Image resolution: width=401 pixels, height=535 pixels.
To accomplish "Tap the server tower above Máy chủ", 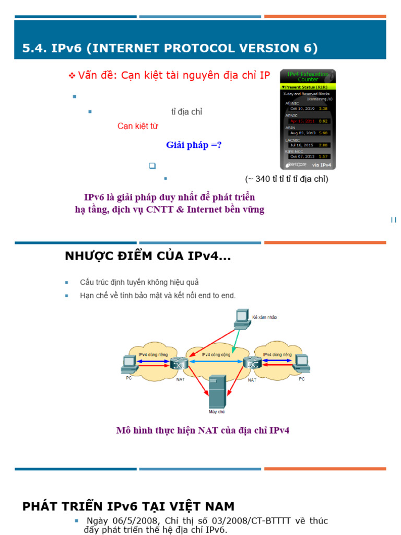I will click(x=216, y=392).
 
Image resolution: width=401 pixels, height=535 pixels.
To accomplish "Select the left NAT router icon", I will click(x=180, y=364).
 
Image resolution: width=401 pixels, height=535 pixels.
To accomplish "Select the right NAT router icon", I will click(x=253, y=363).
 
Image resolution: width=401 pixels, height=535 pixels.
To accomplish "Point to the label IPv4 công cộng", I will click(x=216, y=354).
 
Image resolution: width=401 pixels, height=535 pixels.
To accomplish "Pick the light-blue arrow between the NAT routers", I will click(x=216, y=362).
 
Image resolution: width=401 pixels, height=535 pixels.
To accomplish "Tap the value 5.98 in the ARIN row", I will click(x=323, y=133).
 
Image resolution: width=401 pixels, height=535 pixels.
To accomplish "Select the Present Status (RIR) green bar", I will click(x=308, y=87).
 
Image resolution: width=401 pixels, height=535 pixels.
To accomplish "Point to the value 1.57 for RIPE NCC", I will click(x=323, y=157).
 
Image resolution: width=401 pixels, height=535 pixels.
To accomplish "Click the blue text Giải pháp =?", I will click(x=194, y=145).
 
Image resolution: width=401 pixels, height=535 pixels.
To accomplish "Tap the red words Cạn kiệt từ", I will click(x=137, y=126).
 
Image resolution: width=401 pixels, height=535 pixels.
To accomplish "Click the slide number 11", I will click(x=394, y=220).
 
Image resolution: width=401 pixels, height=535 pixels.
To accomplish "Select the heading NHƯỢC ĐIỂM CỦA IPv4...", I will click(x=148, y=257).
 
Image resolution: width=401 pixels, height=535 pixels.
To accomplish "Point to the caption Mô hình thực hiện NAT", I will click(x=203, y=431).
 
